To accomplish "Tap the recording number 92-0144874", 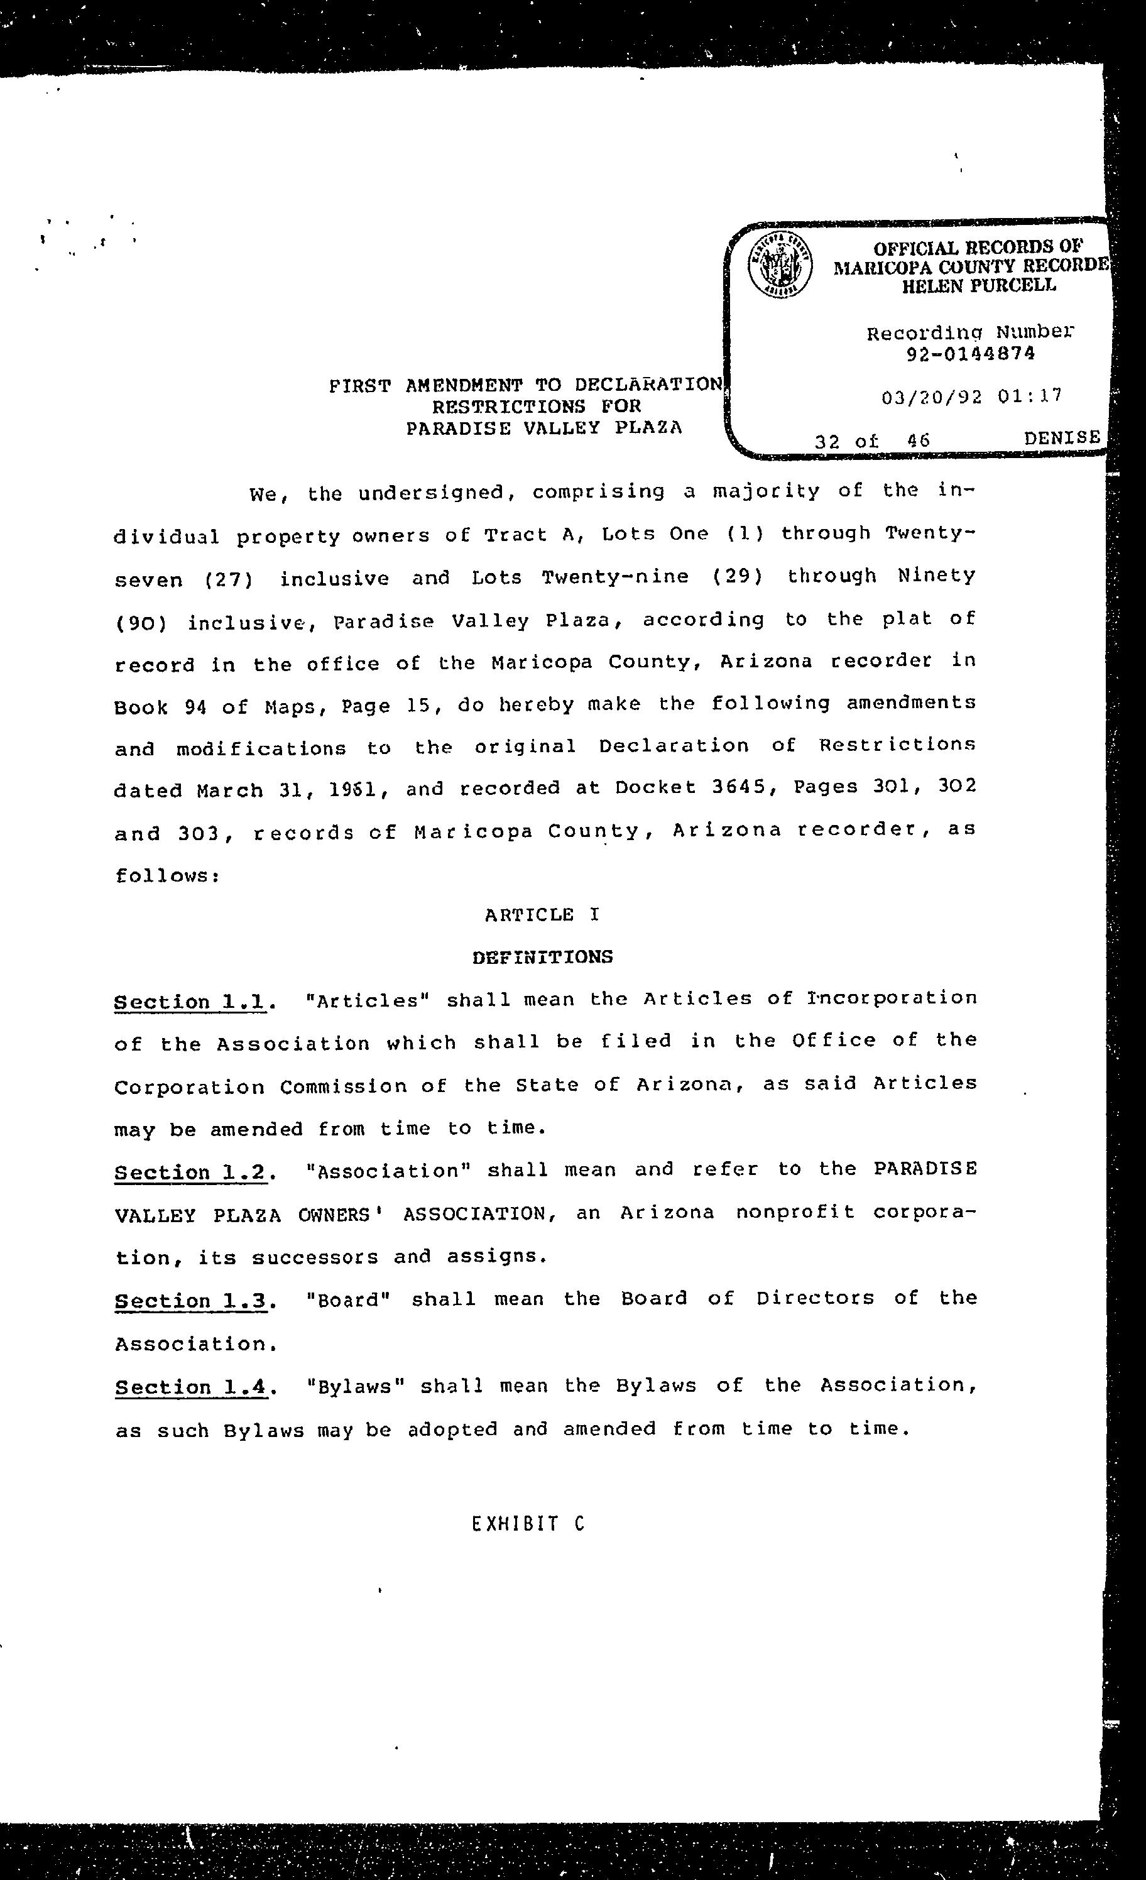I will pos(971,354).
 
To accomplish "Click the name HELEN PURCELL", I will pos(979,286).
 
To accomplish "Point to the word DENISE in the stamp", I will pos(1061,437).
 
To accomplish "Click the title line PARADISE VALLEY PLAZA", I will pos(543,428).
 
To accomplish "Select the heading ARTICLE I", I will pos(542,914).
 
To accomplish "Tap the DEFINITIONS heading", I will pos(542,957).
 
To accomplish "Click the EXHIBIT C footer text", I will pos(527,1524).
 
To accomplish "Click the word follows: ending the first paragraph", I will pos(168,875).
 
